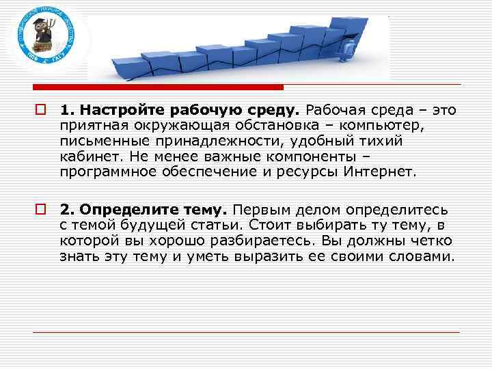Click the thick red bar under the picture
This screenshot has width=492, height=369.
point(158,87)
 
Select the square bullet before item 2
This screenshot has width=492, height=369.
point(42,208)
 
